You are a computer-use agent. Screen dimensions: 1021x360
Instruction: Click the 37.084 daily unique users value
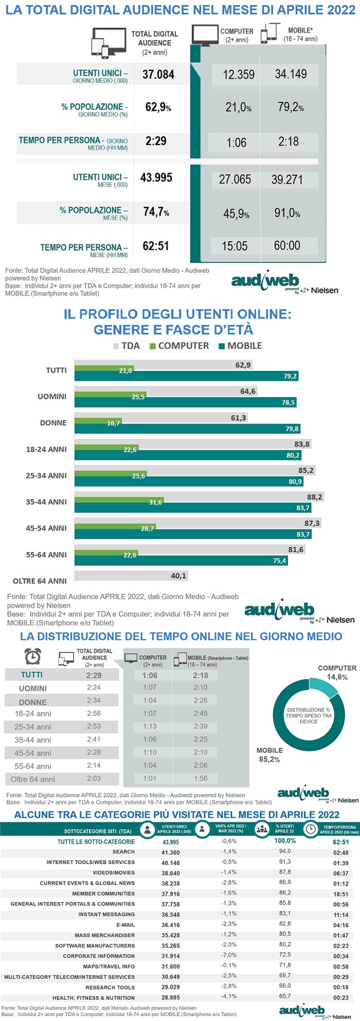point(158,74)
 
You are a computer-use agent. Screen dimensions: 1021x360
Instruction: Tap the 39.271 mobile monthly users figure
point(287,179)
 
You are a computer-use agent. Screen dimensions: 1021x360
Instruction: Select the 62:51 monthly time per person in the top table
point(156,246)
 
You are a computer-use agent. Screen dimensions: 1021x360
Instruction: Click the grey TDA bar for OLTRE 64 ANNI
point(131,576)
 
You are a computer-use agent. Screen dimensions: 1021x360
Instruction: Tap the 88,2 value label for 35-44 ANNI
point(314,497)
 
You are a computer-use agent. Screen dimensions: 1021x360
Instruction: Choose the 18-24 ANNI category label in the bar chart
point(46,449)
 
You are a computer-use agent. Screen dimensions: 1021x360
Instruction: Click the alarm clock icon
point(33,657)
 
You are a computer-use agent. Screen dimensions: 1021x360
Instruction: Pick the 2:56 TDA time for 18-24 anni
point(93,713)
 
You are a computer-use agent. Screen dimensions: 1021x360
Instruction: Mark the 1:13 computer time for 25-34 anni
point(149,727)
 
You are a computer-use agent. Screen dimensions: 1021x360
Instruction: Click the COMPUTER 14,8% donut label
point(337,672)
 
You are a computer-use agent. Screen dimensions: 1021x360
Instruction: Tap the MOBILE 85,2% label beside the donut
point(269,755)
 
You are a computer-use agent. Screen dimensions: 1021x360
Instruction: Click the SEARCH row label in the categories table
point(123,852)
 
